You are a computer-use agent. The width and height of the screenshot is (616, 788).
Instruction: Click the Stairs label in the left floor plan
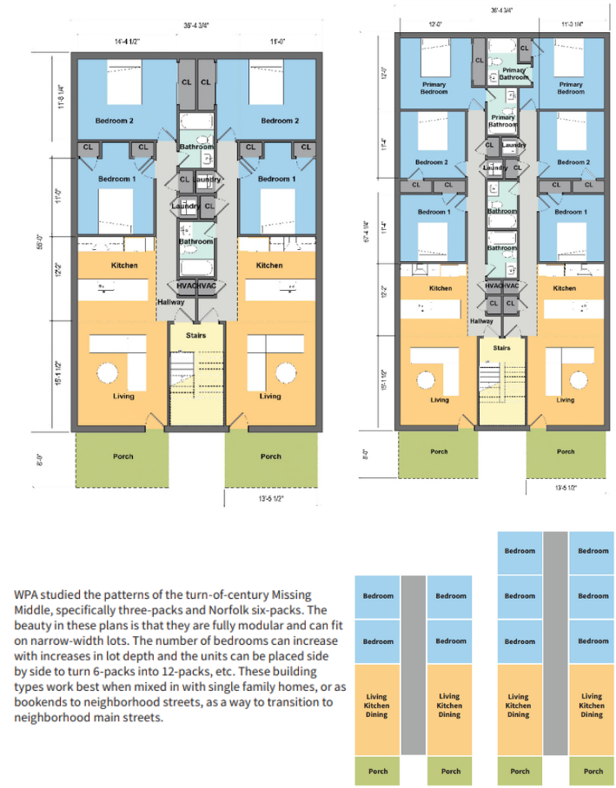(x=195, y=332)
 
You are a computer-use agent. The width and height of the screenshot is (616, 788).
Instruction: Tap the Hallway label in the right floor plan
(x=481, y=321)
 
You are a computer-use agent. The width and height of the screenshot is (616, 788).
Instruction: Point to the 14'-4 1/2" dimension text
(x=128, y=41)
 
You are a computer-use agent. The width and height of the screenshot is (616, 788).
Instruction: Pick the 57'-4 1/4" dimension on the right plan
(x=365, y=242)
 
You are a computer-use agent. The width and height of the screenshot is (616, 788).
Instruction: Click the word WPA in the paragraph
(x=26, y=595)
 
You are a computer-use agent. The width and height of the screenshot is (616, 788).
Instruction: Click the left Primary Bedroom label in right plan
(x=434, y=88)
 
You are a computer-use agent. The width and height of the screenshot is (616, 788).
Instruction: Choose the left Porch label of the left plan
(x=123, y=456)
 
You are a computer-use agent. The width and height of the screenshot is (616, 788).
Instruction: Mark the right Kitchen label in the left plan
(x=269, y=266)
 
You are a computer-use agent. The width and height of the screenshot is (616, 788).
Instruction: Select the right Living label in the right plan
(x=565, y=400)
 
